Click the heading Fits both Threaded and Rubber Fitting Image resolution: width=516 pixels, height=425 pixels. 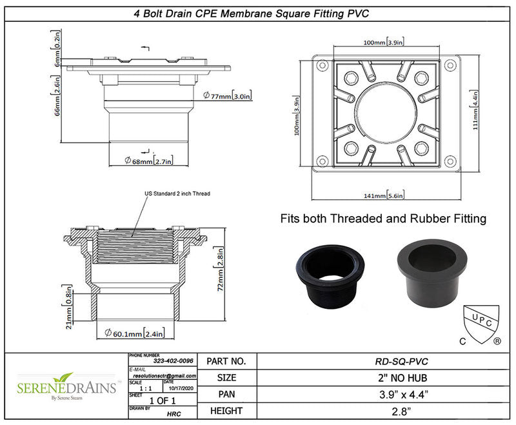coord(383,219)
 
